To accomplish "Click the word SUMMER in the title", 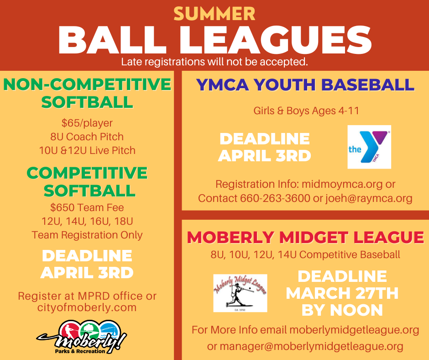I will pos(214,13).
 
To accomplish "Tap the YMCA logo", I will pos(369,147).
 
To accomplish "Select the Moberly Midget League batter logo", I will pos(240,293).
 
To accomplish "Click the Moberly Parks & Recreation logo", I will pos(82,338).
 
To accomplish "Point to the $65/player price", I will pos(87,123).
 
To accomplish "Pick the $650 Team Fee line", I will pos(87,207).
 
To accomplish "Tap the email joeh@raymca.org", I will pos(369,199).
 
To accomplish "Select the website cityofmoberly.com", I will pos(87,307).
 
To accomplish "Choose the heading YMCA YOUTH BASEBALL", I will pos(305,85).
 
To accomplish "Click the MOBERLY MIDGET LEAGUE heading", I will pos(305,237).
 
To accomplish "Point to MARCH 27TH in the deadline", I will pos(342,293).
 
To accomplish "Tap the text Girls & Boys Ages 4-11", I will pos(300,111).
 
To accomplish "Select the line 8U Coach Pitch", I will pos(87,137).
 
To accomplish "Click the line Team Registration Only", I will pos(87,235).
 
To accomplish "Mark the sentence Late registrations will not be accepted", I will pos(214,61).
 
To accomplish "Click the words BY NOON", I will pos(342,310).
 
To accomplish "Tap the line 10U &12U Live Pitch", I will pos(87,150).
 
